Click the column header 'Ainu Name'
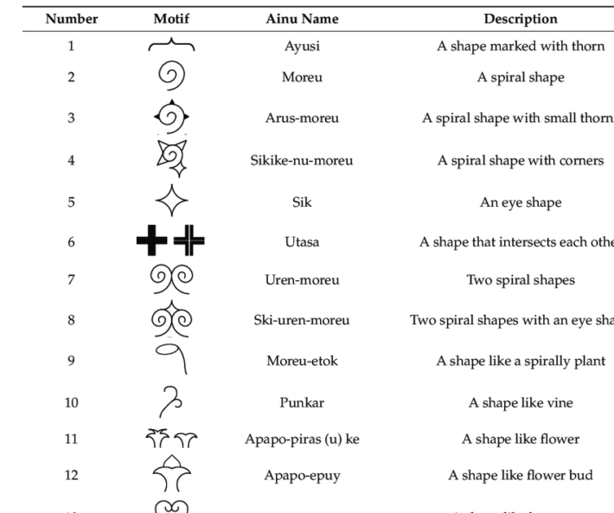tap(302, 18)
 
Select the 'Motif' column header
tap(171, 18)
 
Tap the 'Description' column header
tap(520, 18)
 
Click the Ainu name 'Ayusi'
tap(302, 47)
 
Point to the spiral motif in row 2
tap(171, 77)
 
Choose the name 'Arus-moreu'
tap(302, 119)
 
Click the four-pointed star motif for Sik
tap(171, 202)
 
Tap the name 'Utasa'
tap(302, 242)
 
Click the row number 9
tap(71, 361)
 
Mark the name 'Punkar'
tap(302, 402)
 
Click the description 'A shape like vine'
tap(520, 402)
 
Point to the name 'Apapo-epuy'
tap(302, 476)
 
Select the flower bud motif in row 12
tap(171, 474)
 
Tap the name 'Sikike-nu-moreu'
tap(302, 160)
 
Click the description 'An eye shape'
tap(520, 202)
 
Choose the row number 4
tap(71, 160)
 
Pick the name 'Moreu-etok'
tap(302, 361)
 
